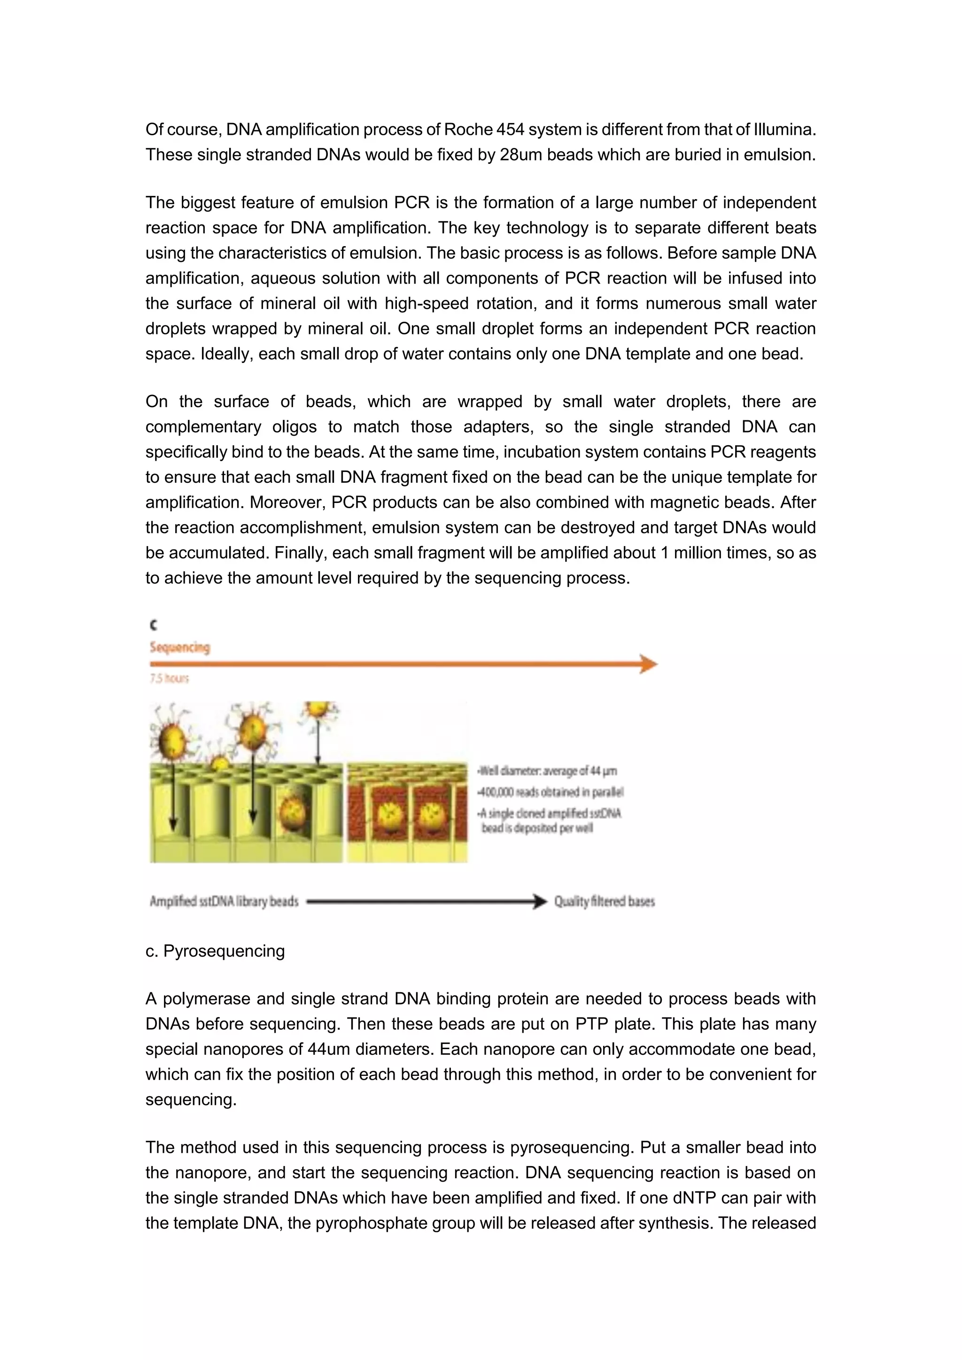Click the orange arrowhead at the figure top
(649, 664)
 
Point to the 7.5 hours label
(170, 679)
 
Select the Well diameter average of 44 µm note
(547, 771)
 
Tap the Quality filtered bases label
(604, 902)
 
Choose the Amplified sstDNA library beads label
(224, 902)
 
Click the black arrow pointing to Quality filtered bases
(427, 902)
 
